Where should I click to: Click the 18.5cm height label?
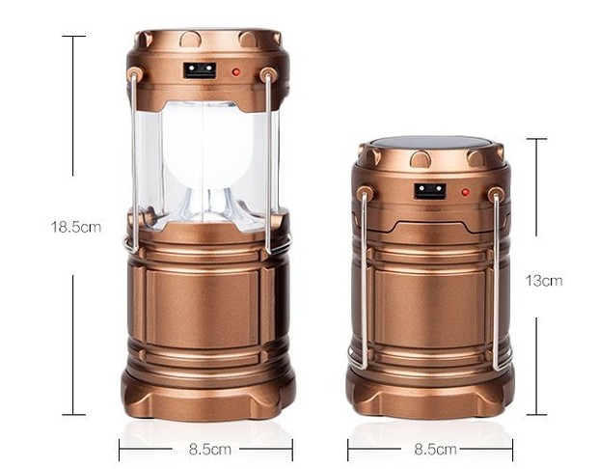(76, 227)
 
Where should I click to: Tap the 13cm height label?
(544, 281)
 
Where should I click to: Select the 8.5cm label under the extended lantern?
(210, 449)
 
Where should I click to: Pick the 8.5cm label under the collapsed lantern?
(436, 449)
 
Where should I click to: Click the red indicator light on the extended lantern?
(236, 71)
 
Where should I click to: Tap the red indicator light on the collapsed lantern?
(465, 192)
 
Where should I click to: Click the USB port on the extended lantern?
(200, 70)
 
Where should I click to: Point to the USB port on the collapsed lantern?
(430, 191)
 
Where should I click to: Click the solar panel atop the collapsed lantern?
(430, 143)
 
